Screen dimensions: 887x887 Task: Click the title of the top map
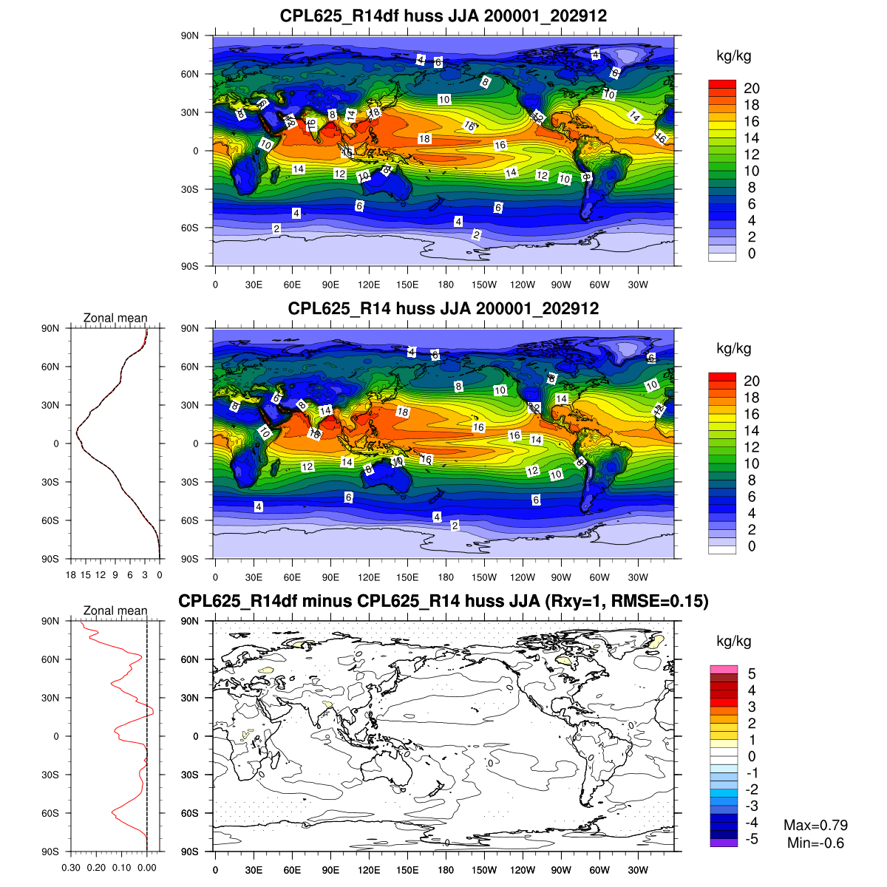click(x=443, y=16)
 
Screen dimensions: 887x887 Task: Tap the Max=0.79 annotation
click(x=815, y=825)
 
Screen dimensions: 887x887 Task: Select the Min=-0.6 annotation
click(x=815, y=843)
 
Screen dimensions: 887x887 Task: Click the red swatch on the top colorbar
click(x=722, y=84)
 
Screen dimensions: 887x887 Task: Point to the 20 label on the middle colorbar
click(x=752, y=381)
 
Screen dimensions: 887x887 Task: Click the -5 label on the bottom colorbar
click(x=750, y=839)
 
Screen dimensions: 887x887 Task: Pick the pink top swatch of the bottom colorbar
click(x=724, y=669)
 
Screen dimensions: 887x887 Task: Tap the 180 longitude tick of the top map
click(x=446, y=285)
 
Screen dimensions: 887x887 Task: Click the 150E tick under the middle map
click(x=407, y=577)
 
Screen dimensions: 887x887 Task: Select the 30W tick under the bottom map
click(x=638, y=870)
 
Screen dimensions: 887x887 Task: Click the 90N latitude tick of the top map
click(x=190, y=35)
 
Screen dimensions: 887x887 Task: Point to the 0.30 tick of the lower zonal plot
click(x=72, y=868)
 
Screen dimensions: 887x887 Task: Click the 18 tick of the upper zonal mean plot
click(x=71, y=574)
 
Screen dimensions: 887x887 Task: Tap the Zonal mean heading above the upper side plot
click(x=115, y=318)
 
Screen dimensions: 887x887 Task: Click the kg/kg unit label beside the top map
click(x=734, y=56)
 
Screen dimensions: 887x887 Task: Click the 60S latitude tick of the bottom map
click(x=190, y=813)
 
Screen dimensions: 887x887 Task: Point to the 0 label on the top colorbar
click(x=752, y=254)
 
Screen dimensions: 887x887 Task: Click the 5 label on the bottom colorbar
click(x=752, y=673)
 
